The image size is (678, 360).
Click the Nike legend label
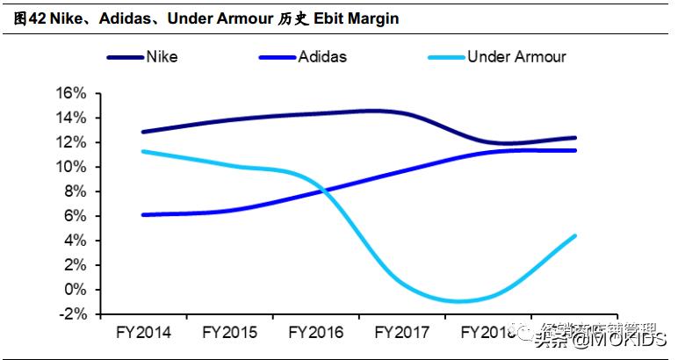click(162, 57)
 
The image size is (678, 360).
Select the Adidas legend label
click(322, 57)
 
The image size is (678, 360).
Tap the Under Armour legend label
click(516, 57)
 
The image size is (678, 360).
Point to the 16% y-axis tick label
click(71, 93)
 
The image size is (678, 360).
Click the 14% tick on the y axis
click(71, 118)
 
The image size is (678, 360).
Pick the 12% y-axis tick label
click(71, 142)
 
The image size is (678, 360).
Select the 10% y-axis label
click(71, 167)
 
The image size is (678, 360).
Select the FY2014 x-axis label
click(144, 334)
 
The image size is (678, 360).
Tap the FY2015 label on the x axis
click(230, 334)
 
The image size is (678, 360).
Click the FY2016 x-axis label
click(316, 334)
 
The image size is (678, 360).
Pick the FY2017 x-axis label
click(402, 334)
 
